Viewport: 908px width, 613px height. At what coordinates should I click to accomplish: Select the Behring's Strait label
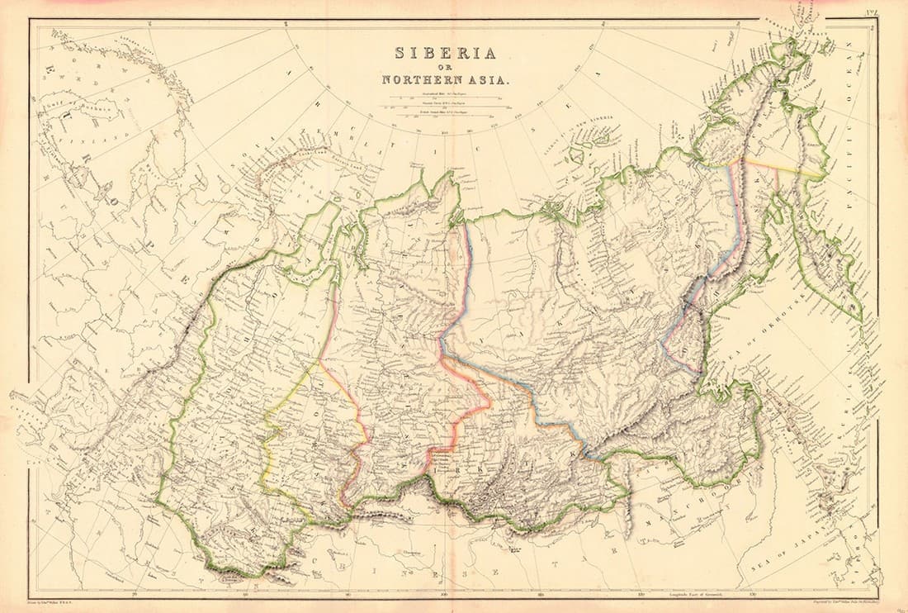coord(813,20)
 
